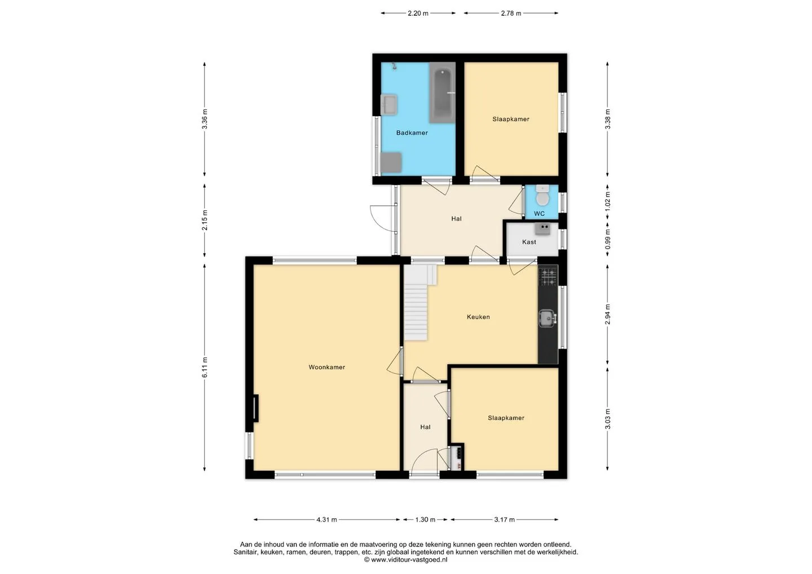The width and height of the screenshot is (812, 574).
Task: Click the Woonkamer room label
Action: [326, 367]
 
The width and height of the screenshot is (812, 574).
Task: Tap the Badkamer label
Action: [412, 133]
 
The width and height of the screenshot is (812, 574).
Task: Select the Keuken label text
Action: [478, 317]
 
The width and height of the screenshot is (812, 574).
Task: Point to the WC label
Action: [539, 214]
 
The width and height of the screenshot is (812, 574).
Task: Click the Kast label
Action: [529, 242]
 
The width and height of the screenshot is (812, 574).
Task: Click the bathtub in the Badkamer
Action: [442, 92]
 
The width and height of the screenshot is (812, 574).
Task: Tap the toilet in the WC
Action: [542, 196]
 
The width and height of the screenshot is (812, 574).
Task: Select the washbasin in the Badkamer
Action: [389, 104]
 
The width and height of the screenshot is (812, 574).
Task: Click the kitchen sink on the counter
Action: [548, 318]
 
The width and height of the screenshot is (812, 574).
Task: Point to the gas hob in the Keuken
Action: [548, 276]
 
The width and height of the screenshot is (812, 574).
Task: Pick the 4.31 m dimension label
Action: [326, 520]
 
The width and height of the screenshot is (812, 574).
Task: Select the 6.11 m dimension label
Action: [205, 368]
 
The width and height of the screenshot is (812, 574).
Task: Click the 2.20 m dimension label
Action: [418, 14]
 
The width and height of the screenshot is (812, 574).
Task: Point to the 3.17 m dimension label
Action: [504, 520]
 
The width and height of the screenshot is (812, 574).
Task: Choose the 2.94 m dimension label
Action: [608, 314]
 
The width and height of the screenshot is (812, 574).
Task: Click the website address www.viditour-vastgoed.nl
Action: [405, 559]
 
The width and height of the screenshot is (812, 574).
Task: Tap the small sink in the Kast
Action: [542, 229]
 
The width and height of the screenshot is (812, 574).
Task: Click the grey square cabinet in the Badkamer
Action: [391, 163]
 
